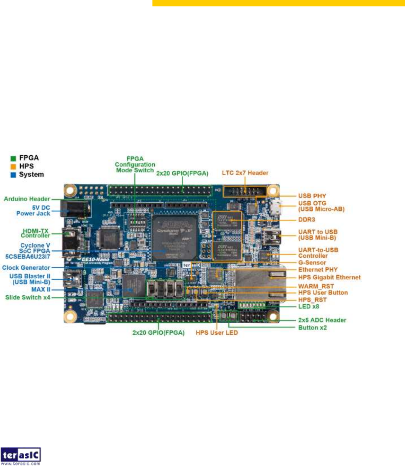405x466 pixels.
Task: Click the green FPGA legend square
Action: click(14, 158)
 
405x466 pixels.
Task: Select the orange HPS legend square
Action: click(14, 167)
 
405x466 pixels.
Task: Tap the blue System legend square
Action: click(14, 175)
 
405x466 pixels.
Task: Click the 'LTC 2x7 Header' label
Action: click(245, 173)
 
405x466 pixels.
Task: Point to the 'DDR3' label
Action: click(306, 220)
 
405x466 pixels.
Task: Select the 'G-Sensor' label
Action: click(312, 263)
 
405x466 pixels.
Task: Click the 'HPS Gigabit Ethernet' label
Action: click(329, 278)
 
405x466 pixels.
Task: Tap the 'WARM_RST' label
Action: click(316, 286)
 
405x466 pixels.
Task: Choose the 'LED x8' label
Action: click(309, 307)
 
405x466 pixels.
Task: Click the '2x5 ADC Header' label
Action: click(322, 320)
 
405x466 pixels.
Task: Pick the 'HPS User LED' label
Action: click(216, 333)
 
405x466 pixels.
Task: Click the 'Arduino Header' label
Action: click(27, 199)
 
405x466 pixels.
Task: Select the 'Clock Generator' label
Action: click(26, 268)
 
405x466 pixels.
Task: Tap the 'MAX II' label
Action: click(41, 290)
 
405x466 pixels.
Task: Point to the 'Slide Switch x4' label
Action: click(27, 298)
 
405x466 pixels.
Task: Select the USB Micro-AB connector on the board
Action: click(276, 207)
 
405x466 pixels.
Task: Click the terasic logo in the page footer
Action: click(21, 456)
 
